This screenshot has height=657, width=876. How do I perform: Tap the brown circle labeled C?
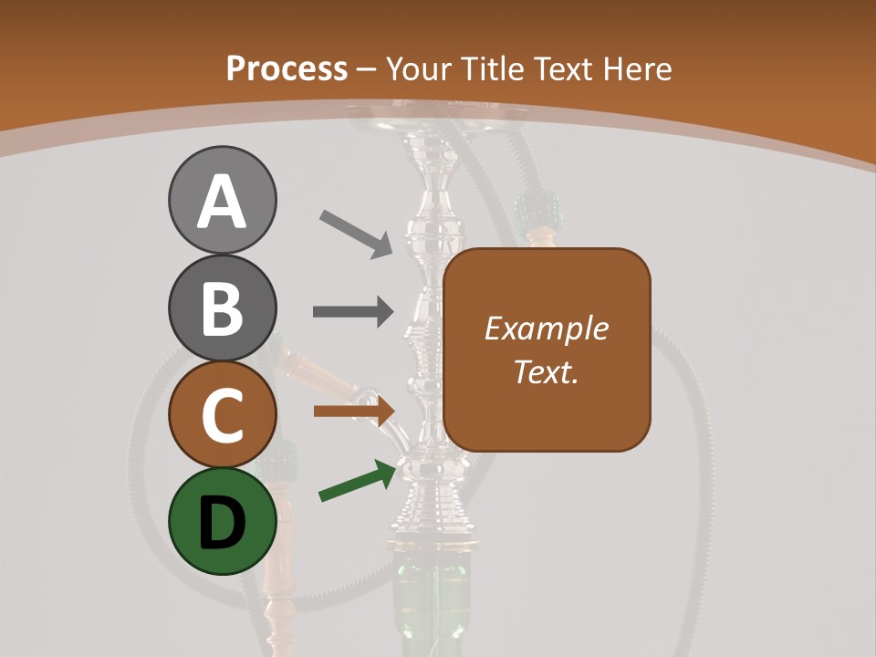coord(222,415)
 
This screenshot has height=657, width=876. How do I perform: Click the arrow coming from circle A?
coord(356,232)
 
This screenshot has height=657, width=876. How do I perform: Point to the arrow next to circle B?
coord(353,311)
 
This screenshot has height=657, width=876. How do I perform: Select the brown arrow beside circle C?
coord(353,411)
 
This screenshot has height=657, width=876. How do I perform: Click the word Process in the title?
coord(287,68)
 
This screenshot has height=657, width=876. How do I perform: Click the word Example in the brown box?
coord(546,328)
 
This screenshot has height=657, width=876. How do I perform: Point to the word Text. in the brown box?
coord(546,371)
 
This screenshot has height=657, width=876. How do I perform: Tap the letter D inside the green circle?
coord(222,523)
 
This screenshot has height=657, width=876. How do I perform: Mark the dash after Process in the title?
coord(367,69)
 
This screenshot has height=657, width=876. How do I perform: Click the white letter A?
coord(222,201)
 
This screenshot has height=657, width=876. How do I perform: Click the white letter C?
coord(222,415)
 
